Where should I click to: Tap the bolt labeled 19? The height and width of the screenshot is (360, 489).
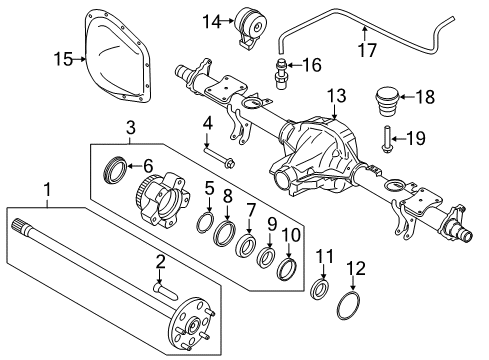[x=387, y=139]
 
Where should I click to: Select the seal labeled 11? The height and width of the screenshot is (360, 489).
[x=323, y=290]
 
